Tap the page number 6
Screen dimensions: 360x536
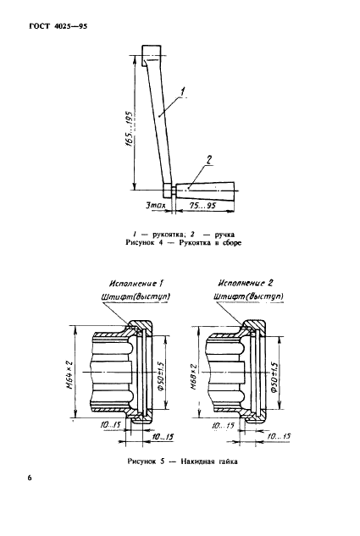pos(30,478)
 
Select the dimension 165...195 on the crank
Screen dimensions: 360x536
pos(130,129)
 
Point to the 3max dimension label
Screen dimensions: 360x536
pos(156,206)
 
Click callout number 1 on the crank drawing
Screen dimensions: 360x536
pos(183,91)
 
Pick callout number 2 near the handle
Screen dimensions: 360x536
pos(209,160)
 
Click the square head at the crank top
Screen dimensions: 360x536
pos(151,55)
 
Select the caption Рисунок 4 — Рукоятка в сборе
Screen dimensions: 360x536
pos(184,243)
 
